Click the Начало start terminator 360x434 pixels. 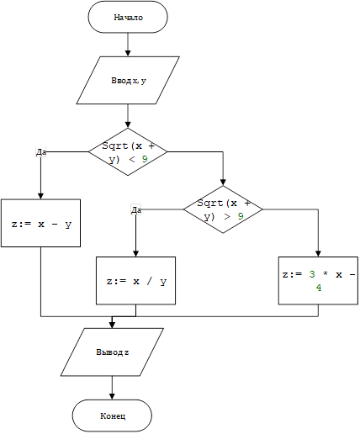coord(128,17)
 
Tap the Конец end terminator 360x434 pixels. coord(112,415)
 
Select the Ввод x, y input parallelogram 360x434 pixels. coord(128,81)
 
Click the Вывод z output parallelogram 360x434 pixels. coord(112,352)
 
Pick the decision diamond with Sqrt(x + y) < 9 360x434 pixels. coord(128,152)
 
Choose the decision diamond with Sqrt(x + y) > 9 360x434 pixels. coord(223,209)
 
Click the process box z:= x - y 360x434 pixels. coord(40,223)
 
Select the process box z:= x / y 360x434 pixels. coord(136,281)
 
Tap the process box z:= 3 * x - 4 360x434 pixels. coord(318,281)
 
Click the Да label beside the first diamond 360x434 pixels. coord(41,152)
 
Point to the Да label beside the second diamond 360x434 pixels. coord(136,209)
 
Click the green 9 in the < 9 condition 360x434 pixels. coord(145,159)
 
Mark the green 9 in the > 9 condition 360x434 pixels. coord(241,216)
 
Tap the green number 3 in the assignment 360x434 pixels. coord(312,274)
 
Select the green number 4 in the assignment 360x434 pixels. coord(319,288)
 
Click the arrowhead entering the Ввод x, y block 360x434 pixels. coord(128,53)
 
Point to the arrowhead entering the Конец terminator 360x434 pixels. coord(112,396)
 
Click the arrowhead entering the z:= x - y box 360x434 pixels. coord(40,196)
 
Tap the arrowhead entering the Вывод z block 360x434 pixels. coord(112,325)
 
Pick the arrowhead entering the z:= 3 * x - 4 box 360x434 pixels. coord(318,253)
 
